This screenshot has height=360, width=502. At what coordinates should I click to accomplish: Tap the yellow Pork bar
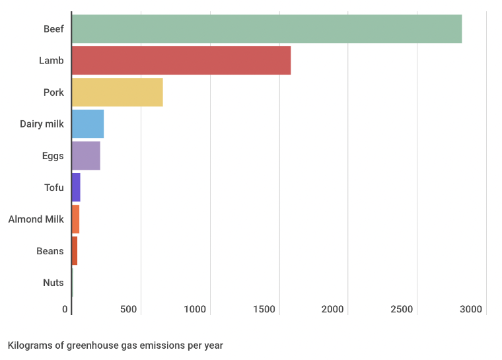pos(117,92)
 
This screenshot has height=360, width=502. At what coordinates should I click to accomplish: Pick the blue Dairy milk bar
pos(87,124)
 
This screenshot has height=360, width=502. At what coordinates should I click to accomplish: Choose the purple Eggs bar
pos(86,156)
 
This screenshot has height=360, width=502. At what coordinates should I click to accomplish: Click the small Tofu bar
pos(76,188)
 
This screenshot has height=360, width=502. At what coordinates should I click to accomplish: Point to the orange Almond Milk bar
pos(75,219)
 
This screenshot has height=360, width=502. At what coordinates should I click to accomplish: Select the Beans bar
pos(75,251)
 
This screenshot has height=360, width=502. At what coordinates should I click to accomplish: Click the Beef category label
pos(54,28)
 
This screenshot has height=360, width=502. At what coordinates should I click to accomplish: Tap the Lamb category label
pos(51,60)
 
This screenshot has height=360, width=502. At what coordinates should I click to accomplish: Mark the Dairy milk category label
pos(42,124)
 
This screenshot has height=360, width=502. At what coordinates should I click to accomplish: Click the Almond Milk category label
pos(36,219)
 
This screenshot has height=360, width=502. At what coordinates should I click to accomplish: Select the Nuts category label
pos(53,283)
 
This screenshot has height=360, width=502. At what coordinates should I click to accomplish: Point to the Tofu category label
pos(54,188)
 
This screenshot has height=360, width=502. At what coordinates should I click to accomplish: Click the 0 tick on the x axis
pos(65,309)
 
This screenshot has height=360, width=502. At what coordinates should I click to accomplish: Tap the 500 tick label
pos(128,309)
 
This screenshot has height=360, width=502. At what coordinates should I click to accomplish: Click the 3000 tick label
pos(471,309)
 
